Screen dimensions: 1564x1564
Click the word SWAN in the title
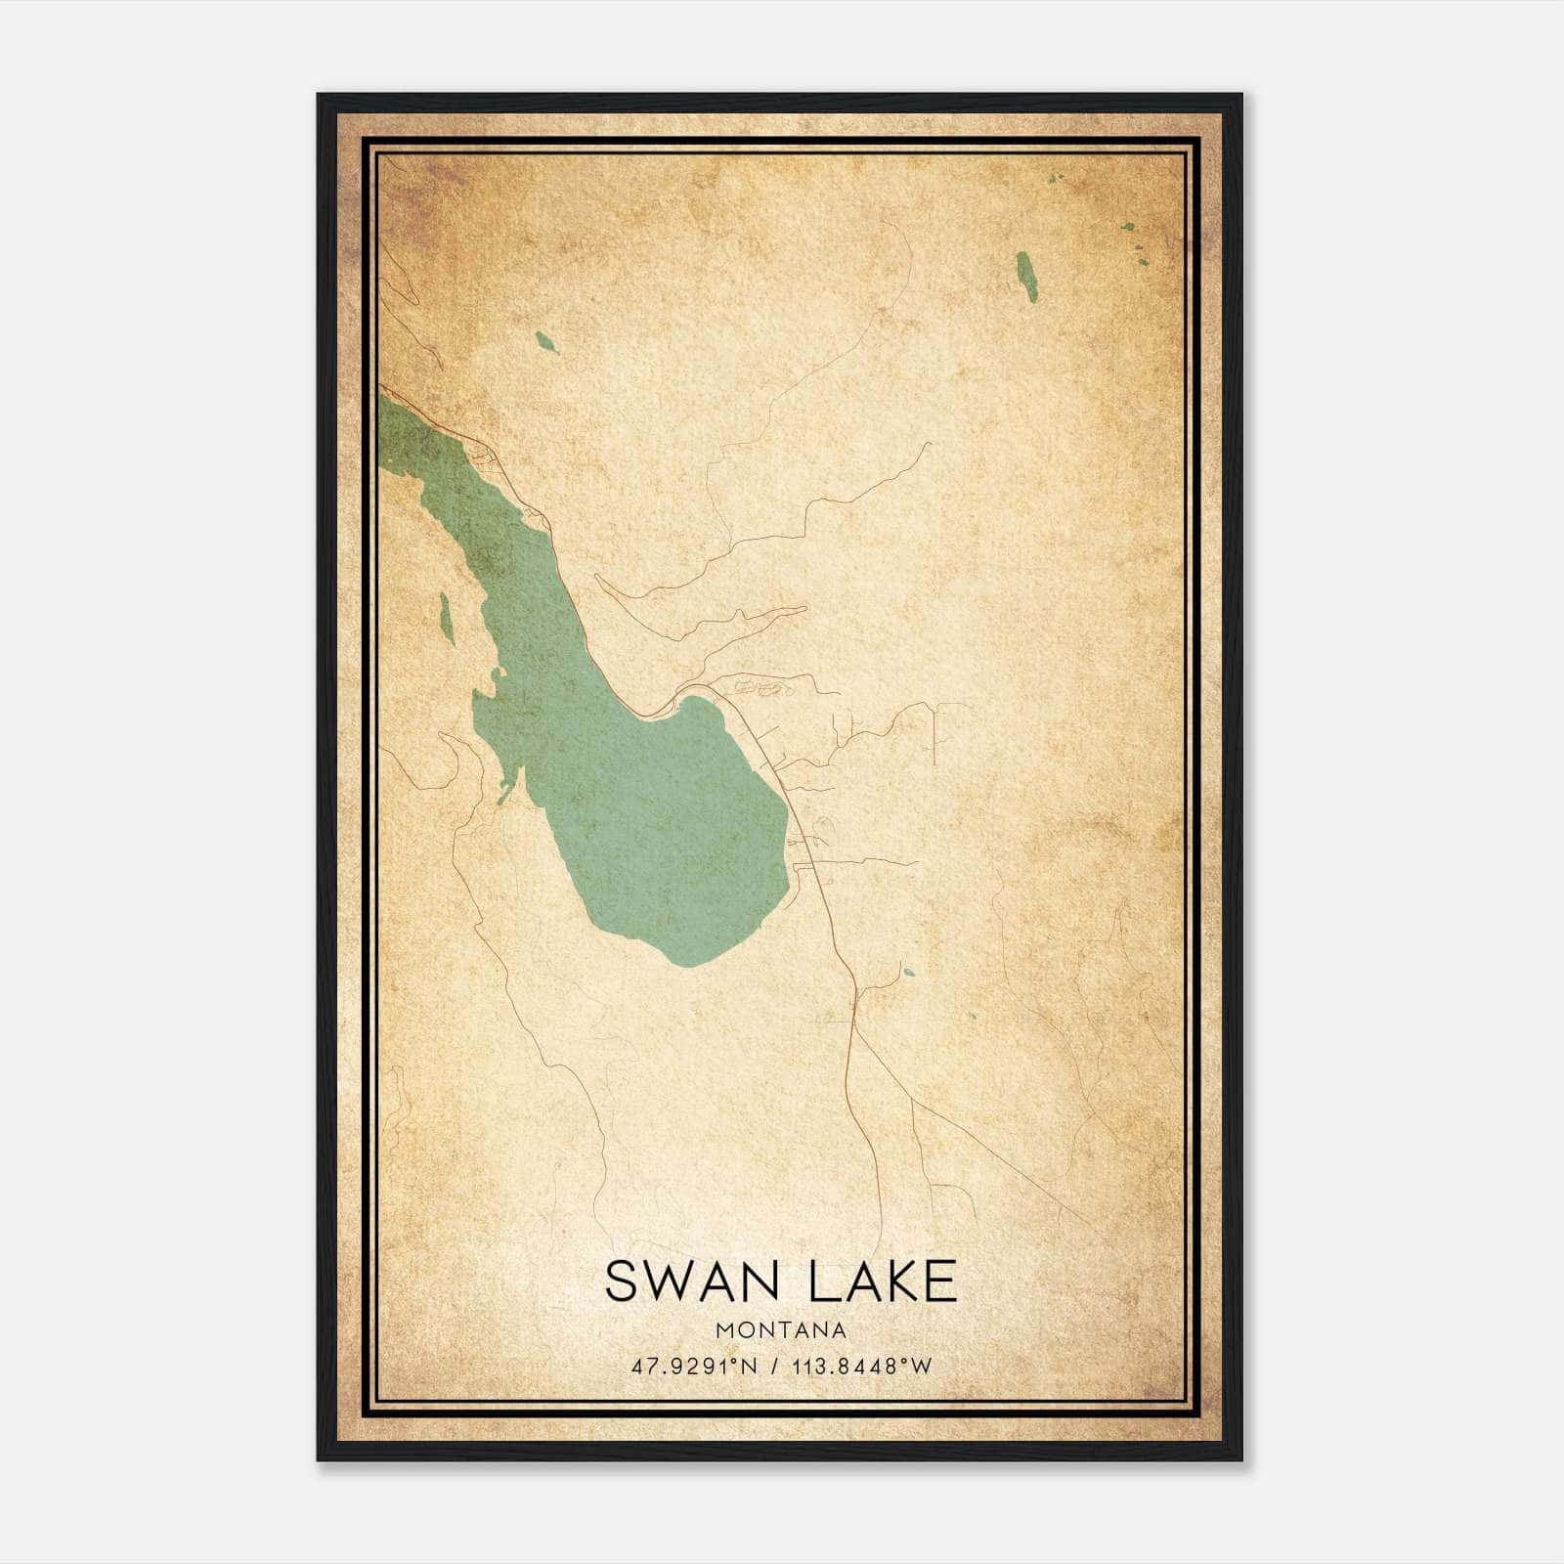click(x=677, y=1282)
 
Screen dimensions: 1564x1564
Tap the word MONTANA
click(x=781, y=1330)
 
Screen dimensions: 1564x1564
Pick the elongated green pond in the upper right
click(x=1025, y=277)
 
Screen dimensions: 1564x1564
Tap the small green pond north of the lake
click(x=545, y=341)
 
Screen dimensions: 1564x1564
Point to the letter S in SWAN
click(x=620, y=1282)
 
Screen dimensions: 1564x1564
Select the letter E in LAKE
click(x=939, y=1282)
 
